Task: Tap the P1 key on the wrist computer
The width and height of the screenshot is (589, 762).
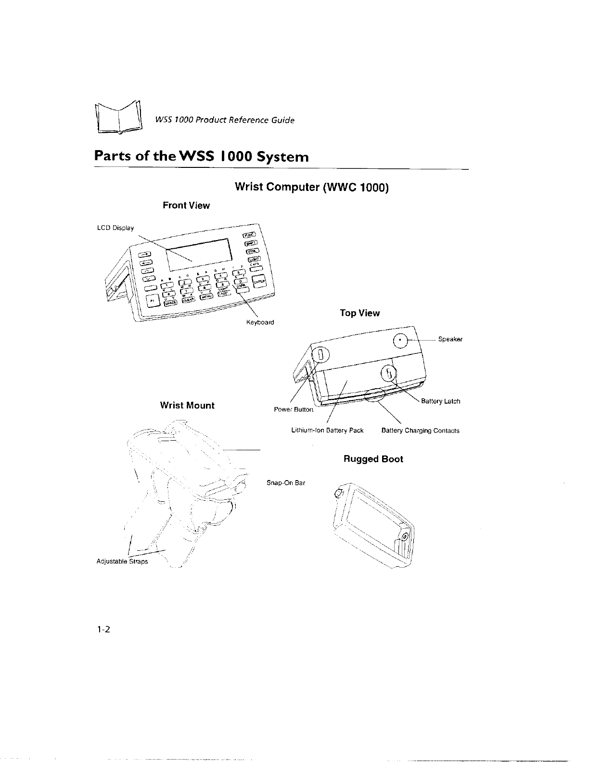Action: point(152,300)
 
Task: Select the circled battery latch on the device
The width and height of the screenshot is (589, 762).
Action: point(388,372)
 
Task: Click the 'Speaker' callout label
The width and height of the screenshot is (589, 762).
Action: point(450,339)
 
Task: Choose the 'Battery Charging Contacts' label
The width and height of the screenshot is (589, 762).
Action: point(420,431)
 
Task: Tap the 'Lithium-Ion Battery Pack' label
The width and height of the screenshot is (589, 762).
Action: point(327,431)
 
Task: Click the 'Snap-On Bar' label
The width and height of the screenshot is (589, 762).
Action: point(286,483)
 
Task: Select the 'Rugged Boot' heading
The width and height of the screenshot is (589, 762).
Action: point(373,459)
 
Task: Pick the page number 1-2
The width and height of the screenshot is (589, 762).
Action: point(103,630)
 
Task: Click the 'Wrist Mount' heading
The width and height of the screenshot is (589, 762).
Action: point(187,405)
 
